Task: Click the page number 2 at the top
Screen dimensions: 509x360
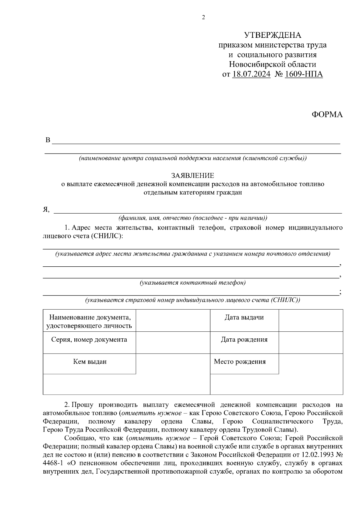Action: point(203,17)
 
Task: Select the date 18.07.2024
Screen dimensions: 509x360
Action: point(251,74)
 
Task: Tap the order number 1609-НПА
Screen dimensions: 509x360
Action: point(304,74)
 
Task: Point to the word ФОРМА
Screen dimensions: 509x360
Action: point(327,115)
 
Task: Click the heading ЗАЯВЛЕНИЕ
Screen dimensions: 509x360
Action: point(193,175)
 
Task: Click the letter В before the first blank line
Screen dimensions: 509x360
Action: point(48,140)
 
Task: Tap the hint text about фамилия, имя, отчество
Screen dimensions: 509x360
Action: point(193,218)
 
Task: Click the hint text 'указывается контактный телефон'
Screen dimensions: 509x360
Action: point(193,283)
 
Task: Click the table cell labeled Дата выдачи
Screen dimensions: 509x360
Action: point(244,318)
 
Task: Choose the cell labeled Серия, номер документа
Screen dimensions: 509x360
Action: point(89,340)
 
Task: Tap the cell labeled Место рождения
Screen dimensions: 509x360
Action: point(240,362)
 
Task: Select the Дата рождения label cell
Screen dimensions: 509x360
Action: point(244,340)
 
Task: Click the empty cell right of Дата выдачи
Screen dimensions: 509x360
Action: point(311,320)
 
